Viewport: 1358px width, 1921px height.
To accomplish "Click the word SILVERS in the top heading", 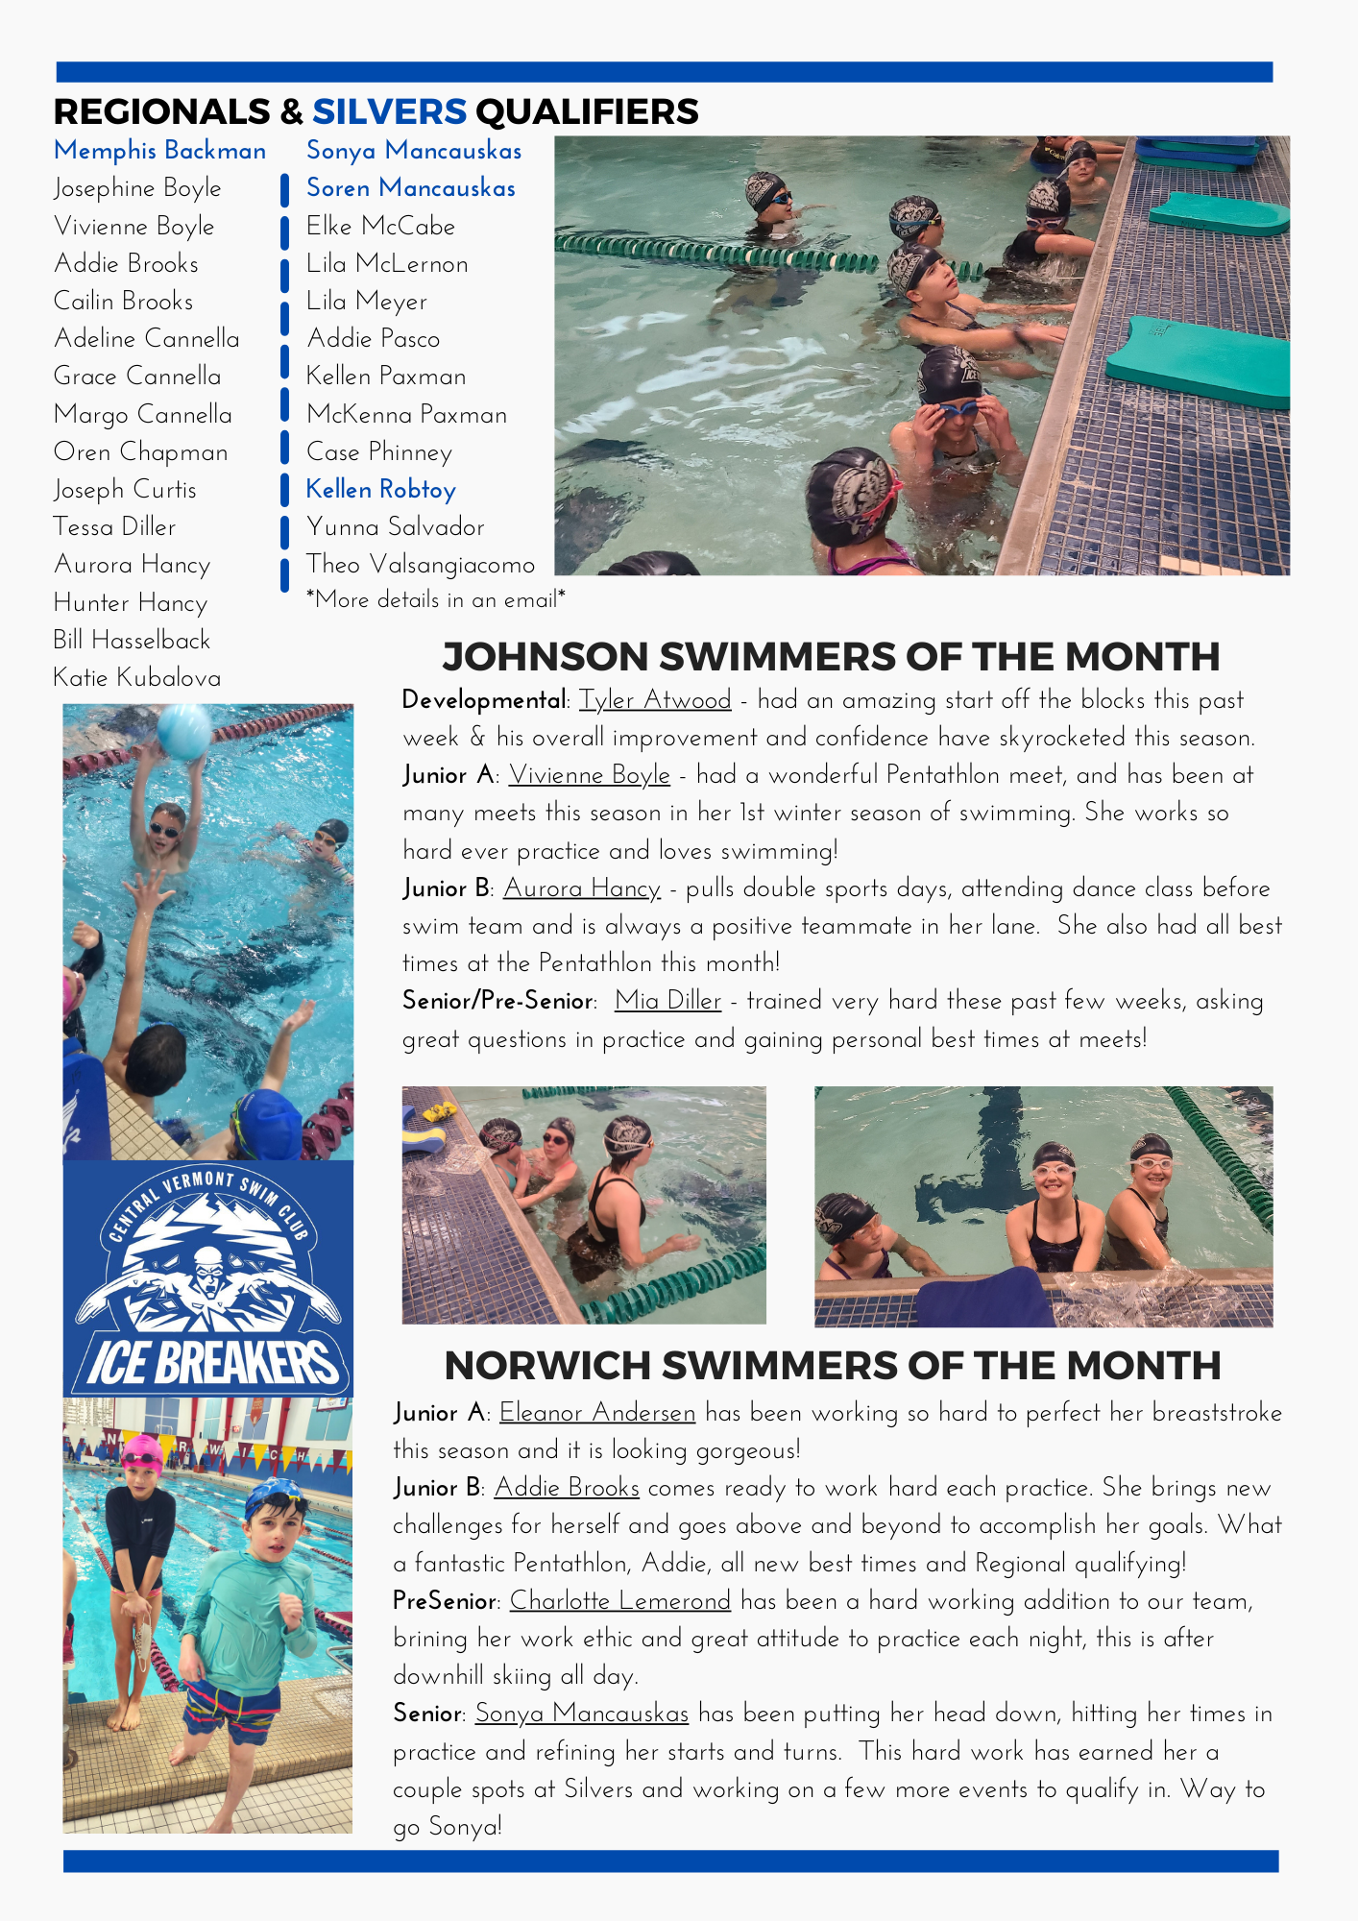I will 389,112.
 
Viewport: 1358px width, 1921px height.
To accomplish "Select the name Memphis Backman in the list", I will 159,151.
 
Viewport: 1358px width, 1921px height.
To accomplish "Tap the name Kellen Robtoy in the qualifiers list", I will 380,490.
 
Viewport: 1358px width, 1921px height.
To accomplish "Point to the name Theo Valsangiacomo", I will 420,565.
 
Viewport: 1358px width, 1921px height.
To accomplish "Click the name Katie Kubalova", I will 136,678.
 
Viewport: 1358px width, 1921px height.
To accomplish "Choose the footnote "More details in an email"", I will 436,600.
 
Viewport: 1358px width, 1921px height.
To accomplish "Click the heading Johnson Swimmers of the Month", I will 831,657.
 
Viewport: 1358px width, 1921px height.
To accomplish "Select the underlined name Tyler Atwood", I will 655,700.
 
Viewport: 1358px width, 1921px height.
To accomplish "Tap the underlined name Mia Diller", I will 667,1001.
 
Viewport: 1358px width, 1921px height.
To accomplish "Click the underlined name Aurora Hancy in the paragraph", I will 582,888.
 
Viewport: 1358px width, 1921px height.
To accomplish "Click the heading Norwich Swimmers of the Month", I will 833,1366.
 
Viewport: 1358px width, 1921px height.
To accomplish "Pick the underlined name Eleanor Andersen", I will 597,1413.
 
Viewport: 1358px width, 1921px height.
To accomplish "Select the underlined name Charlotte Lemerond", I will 619,1601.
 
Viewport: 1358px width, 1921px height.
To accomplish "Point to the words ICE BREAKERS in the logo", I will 211,1361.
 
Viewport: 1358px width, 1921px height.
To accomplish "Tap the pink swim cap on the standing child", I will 142,1450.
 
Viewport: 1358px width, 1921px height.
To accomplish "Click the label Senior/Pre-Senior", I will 497,1001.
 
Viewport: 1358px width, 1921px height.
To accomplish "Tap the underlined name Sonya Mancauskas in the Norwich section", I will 581,1714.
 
